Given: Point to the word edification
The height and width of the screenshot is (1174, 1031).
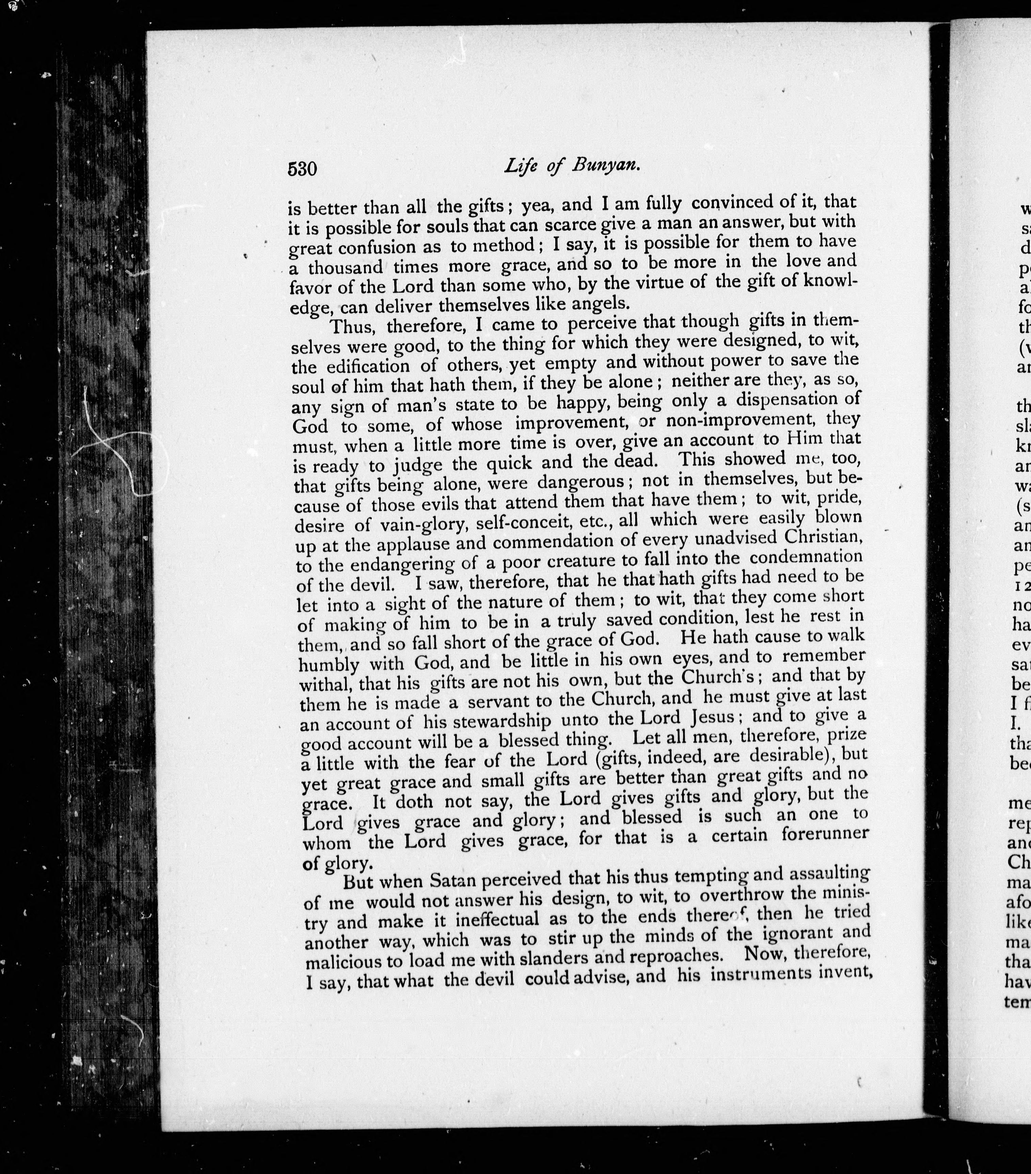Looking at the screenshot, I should pos(368,366).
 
